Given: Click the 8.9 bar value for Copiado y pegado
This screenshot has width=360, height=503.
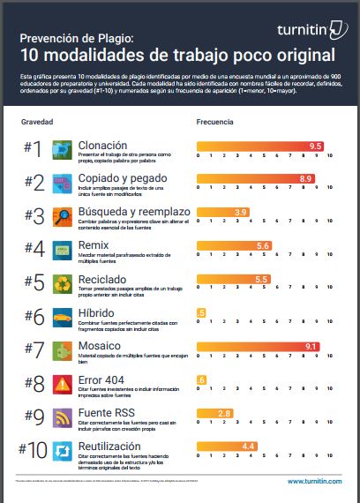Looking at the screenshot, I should click(x=305, y=178).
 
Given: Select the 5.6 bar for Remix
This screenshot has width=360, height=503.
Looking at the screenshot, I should click(x=262, y=245).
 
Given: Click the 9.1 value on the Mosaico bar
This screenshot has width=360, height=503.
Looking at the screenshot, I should click(x=310, y=346).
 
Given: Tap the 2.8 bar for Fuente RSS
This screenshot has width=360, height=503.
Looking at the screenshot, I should click(x=224, y=413).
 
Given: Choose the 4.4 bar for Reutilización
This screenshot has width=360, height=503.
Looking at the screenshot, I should click(x=248, y=447).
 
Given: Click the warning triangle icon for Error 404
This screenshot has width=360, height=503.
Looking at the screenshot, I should click(x=64, y=384).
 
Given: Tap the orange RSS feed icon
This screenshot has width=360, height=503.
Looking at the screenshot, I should click(x=64, y=417).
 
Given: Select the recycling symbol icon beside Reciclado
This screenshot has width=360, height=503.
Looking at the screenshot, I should click(x=64, y=283).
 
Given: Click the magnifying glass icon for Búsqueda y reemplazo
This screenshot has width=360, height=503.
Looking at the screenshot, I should click(x=64, y=216).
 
